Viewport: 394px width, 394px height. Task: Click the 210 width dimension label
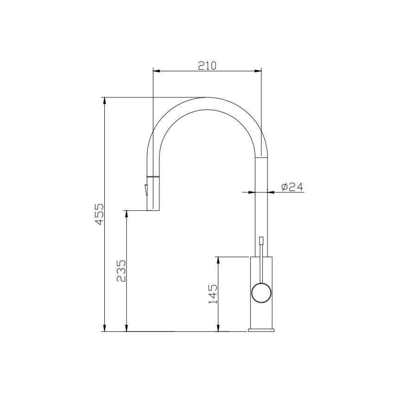pyautogui.click(x=207, y=65)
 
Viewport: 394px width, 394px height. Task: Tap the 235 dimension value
pyautogui.click(x=121, y=270)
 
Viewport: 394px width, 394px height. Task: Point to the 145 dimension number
pyautogui.click(x=213, y=293)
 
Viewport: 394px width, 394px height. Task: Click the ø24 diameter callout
pyautogui.click(x=292, y=187)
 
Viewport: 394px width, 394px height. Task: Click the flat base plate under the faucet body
pyautogui.click(x=261, y=330)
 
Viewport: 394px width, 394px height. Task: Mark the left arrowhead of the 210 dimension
pyautogui.click(x=156, y=71)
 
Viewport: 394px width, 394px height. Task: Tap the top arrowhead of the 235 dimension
pyautogui.click(x=127, y=214)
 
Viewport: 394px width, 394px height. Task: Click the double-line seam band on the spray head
pyautogui.click(x=153, y=177)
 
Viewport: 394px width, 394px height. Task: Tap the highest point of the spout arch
pyautogui.click(x=207, y=98)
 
